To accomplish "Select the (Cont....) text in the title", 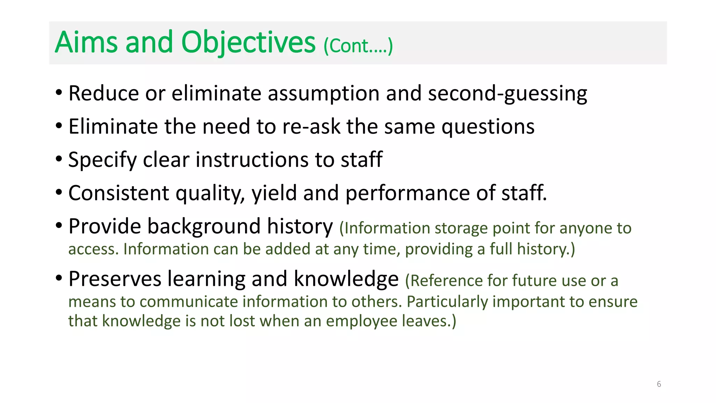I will tap(358, 46).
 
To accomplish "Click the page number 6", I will tap(659, 384).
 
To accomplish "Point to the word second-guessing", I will tap(507, 94).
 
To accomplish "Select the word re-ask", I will tap(311, 127).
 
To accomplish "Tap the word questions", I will tap(488, 127).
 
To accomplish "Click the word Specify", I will tap(102, 160).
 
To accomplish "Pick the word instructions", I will tap(252, 160).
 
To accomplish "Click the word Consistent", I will tap(119, 193).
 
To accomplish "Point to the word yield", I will tap(274, 193).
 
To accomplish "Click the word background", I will tap(204, 226).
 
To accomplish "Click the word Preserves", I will tap(115, 279).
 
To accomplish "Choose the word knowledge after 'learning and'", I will tap(346, 279).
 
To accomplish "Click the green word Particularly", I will tap(447, 302).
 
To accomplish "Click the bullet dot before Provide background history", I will tap(59, 225).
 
